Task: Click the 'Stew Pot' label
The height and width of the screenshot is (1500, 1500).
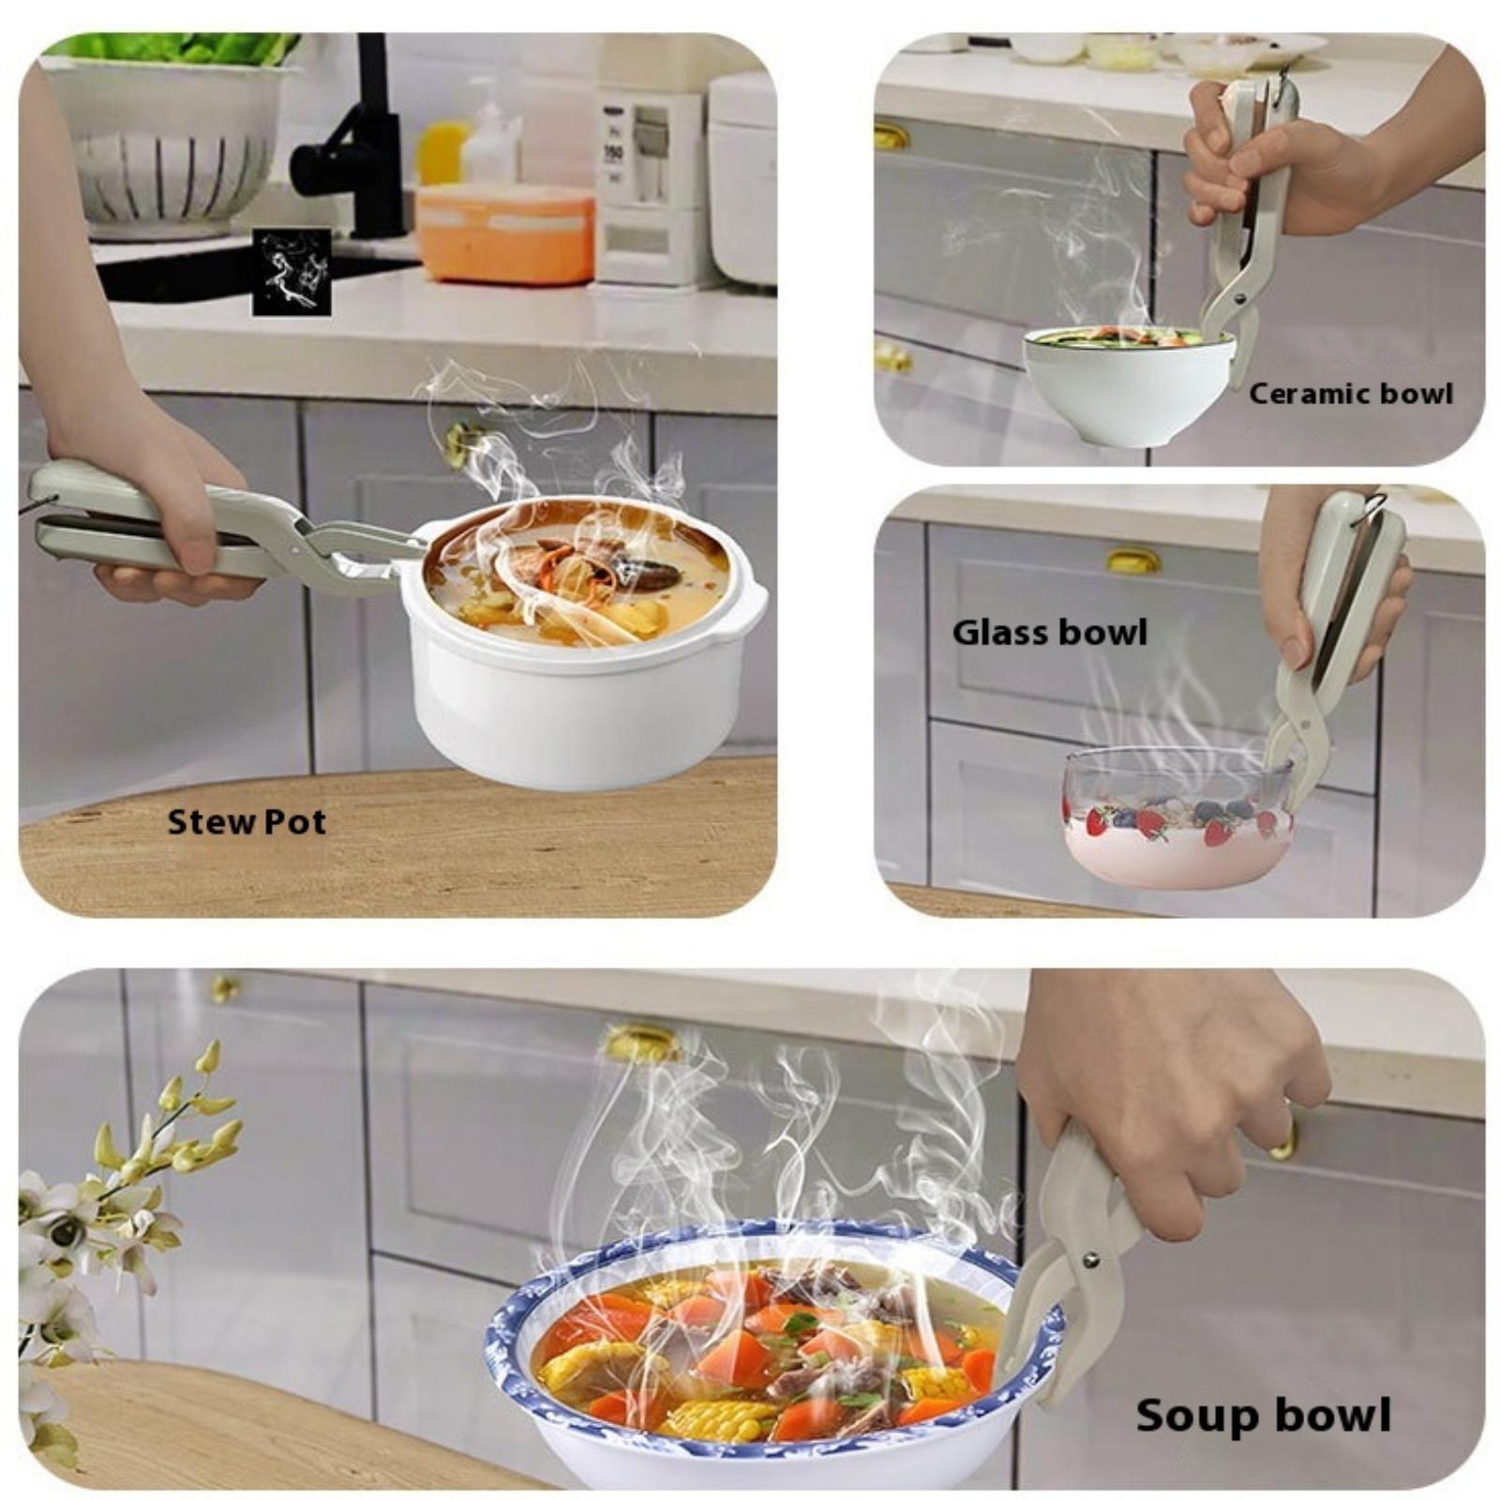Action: click(x=247, y=822)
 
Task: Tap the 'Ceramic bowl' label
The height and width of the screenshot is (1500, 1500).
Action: click(x=1351, y=394)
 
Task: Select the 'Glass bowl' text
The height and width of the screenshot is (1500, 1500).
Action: click(x=1050, y=632)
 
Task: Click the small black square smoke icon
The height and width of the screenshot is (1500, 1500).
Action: click(x=292, y=272)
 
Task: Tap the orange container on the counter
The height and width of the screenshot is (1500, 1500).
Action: click(x=506, y=234)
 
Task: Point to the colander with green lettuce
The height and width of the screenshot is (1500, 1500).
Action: click(x=169, y=131)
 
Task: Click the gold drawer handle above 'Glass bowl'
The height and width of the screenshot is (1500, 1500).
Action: click(x=1132, y=561)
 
